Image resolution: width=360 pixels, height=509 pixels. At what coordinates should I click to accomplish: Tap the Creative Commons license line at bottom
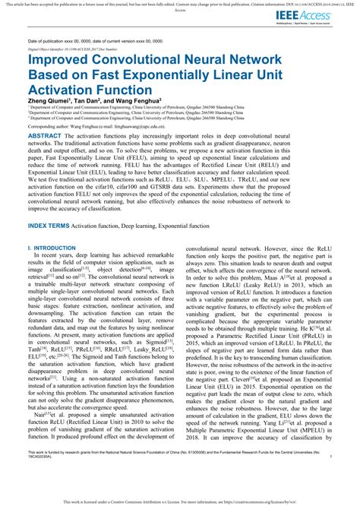click(180, 502)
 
